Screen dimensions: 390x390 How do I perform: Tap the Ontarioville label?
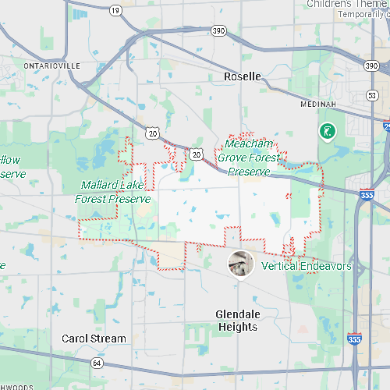click(52, 66)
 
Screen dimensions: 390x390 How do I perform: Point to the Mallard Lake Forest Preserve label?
click(112, 192)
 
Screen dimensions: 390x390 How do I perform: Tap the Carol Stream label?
click(94, 339)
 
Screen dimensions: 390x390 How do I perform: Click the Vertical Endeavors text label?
click(307, 267)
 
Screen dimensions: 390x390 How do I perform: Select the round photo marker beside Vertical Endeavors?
click(241, 264)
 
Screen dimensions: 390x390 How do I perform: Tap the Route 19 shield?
click(116, 10)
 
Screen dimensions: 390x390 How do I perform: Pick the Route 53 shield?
click(372, 94)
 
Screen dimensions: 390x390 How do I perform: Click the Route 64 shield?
click(97, 363)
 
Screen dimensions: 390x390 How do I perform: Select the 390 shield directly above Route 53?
click(371, 66)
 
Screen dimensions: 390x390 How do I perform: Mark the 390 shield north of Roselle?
click(218, 30)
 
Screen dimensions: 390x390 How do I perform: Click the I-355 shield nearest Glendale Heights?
click(354, 339)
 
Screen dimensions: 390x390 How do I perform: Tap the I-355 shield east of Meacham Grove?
click(367, 196)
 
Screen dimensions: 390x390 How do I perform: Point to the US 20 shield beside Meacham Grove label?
click(196, 154)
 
